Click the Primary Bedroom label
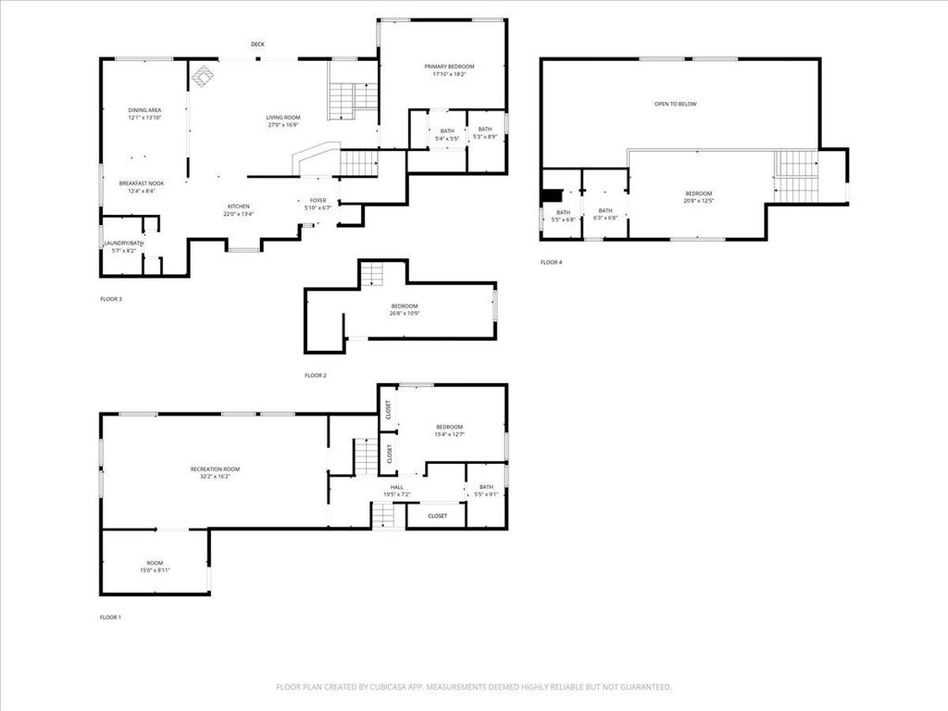pyautogui.click(x=449, y=67)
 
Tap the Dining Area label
pyautogui.click(x=144, y=110)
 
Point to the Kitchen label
pyautogui.click(x=238, y=206)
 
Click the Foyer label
pyautogui.click(x=318, y=200)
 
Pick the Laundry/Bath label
pyautogui.click(x=123, y=243)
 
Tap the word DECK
pyautogui.click(x=257, y=44)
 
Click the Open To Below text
pyautogui.click(x=675, y=104)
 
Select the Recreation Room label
pyautogui.click(x=215, y=469)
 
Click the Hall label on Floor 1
pyautogui.click(x=396, y=487)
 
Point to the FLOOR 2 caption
pyautogui.click(x=316, y=375)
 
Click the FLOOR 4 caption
pyautogui.click(x=551, y=262)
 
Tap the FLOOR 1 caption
pyautogui.click(x=110, y=617)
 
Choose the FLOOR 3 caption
pyautogui.click(x=110, y=299)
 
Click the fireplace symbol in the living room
pyautogui.click(x=204, y=76)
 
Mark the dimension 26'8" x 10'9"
pyautogui.click(x=404, y=313)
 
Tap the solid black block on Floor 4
pyautogui.click(x=552, y=194)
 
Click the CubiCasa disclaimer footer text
pyautogui.click(x=473, y=687)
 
